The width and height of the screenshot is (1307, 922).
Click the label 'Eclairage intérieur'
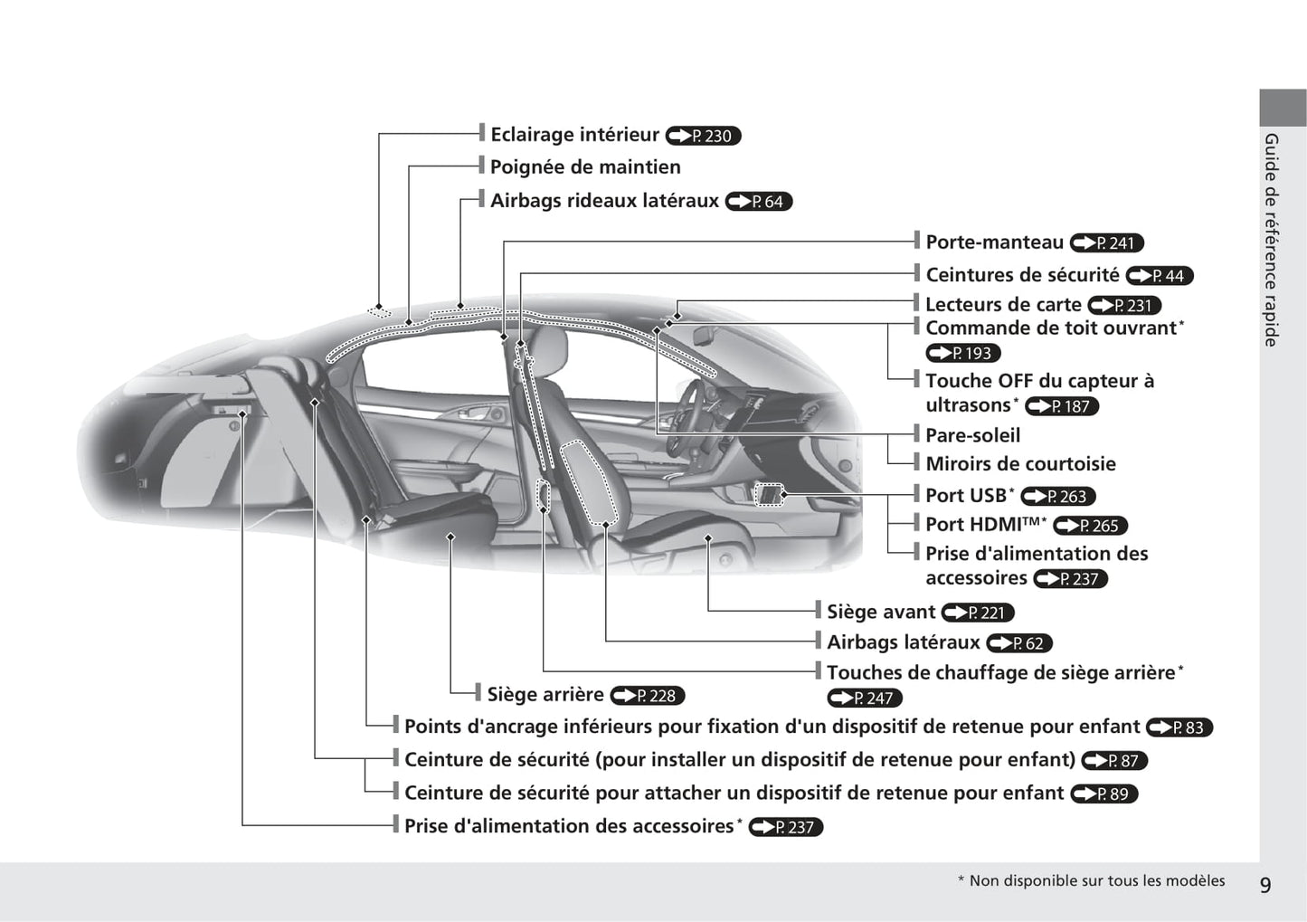[x=574, y=135]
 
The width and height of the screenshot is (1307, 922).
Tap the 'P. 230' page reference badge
[x=703, y=136]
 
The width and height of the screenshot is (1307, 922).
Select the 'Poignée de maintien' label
[x=585, y=167]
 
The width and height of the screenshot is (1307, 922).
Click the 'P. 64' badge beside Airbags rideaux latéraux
[x=759, y=202]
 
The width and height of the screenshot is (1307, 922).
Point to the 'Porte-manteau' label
[x=994, y=242]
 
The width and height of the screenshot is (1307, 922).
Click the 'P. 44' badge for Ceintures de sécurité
[x=1160, y=276]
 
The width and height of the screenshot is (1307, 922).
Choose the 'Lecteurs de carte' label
[x=1003, y=305]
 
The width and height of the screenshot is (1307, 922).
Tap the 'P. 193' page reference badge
[x=963, y=354]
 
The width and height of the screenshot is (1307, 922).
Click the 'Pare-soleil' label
[x=972, y=435]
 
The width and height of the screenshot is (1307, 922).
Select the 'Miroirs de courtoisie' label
[x=1020, y=464]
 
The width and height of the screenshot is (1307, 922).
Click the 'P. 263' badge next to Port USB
[x=1058, y=497]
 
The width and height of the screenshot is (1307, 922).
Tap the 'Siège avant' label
[x=880, y=613]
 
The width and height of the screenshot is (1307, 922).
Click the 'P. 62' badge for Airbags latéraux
[x=1019, y=643]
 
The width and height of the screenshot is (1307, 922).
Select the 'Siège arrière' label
[x=545, y=695]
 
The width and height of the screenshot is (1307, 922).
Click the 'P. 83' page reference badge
[x=1179, y=727]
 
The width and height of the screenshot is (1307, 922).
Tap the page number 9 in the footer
[x=1264, y=884]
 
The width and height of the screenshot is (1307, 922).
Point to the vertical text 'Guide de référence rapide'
[x=1271, y=240]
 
